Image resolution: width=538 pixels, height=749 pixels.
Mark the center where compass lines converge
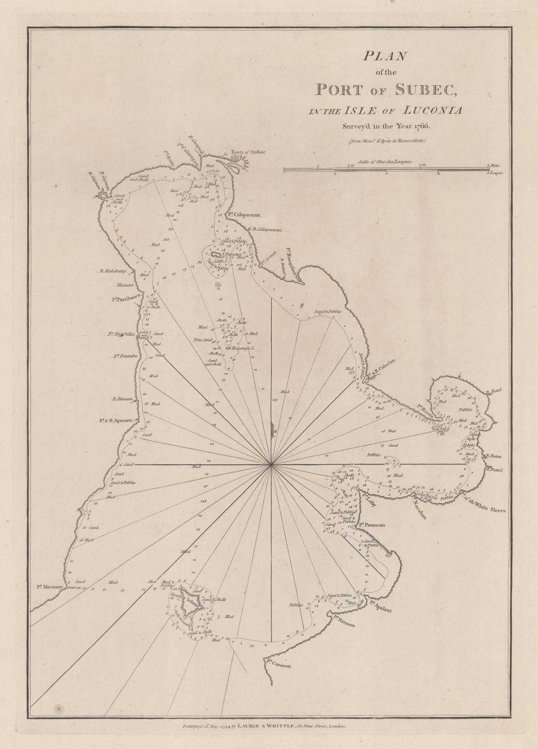(272, 464)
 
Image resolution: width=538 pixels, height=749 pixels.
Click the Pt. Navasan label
(345, 621)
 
